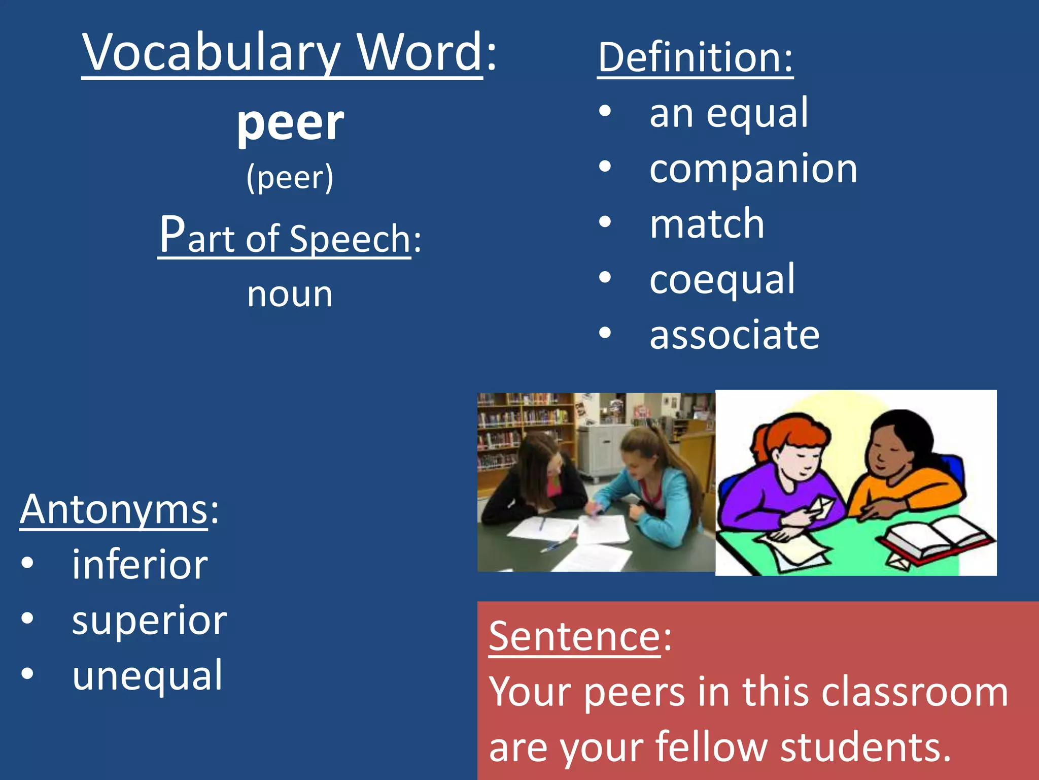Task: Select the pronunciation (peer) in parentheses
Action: [290, 178]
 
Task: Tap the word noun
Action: [290, 295]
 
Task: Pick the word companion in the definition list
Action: [753, 169]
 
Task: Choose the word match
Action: [707, 224]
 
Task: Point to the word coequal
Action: [722, 279]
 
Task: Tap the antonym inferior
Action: [140, 565]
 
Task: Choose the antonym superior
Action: [149, 621]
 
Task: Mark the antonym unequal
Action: [147, 676]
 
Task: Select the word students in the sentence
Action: [865, 747]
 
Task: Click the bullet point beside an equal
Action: [605, 112]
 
